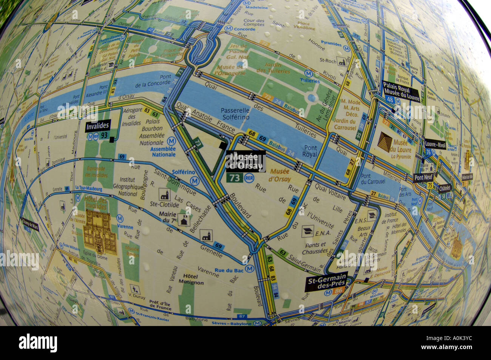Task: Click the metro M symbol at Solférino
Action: (194, 181)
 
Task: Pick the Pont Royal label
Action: (310, 151)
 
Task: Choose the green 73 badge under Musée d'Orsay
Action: (235, 178)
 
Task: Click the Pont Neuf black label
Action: (424, 178)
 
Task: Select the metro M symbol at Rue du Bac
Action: (249, 269)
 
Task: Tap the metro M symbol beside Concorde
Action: (229, 29)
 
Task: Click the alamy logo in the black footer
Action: (38, 343)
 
